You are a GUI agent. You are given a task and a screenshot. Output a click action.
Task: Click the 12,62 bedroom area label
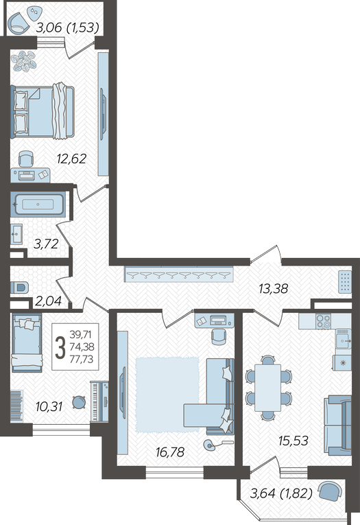tap(71, 159)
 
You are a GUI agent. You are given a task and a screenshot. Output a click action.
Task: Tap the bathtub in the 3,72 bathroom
tap(38, 204)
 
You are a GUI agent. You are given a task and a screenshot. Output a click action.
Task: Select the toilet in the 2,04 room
tap(19, 288)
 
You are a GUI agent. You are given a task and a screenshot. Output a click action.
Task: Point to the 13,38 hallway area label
tap(274, 288)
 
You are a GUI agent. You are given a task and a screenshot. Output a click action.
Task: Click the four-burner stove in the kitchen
tap(323, 321)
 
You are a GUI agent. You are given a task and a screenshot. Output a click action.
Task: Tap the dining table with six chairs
tap(267, 388)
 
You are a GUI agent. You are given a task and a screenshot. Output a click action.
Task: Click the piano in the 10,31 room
tap(99, 401)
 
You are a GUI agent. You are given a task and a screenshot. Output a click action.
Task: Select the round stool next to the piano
tap(79, 401)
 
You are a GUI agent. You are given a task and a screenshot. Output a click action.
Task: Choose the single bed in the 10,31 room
tap(27, 343)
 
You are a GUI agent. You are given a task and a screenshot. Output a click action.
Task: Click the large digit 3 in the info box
tap(60, 348)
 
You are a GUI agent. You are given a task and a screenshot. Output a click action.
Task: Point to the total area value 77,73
tap(82, 359)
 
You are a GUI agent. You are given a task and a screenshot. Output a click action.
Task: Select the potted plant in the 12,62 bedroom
tap(23, 61)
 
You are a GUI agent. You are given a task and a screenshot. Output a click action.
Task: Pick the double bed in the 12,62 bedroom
tap(43, 111)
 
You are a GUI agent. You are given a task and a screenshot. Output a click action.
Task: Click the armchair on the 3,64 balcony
tap(330, 491)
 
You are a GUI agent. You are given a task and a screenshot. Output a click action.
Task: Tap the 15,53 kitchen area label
tap(293, 441)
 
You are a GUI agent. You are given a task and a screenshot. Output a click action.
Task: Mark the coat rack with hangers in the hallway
tap(179, 275)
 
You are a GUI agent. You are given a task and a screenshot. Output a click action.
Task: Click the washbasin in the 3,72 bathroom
tap(16, 234)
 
